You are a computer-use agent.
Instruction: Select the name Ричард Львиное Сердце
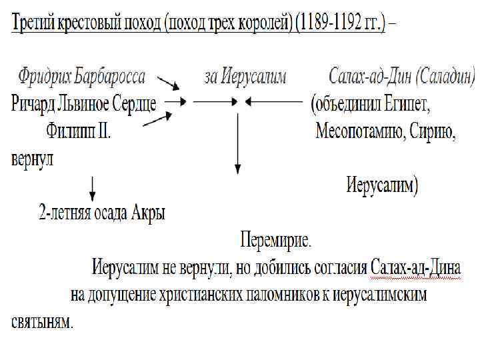point(83,103)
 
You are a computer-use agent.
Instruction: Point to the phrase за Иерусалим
point(245,77)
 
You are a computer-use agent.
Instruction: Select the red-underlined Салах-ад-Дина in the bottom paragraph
point(415,267)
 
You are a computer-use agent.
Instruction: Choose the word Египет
point(407,105)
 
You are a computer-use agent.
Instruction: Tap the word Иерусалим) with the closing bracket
point(382,185)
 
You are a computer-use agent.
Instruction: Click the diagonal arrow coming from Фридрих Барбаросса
point(169,84)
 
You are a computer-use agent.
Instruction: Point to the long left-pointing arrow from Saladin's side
point(273,102)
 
